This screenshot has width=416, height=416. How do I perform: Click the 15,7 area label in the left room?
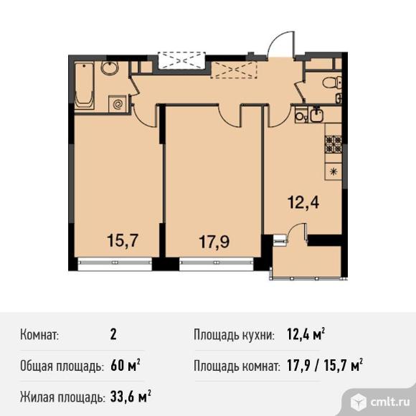click(123, 240)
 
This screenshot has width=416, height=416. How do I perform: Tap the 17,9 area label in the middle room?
click(214, 242)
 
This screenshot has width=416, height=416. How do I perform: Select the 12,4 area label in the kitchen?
click(303, 203)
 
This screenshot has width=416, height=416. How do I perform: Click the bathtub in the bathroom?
click(85, 86)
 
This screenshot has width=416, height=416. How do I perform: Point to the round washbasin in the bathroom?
click(110, 68)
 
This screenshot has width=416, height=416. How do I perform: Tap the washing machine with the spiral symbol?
click(117, 104)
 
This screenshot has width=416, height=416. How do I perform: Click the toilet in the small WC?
click(331, 82)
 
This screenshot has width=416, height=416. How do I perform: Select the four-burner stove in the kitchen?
click(334, 143)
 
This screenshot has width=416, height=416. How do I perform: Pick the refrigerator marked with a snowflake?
click(334, 171)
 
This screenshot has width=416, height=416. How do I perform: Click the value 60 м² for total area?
click(126, 366)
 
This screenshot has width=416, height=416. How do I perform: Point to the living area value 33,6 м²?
click(131, 397)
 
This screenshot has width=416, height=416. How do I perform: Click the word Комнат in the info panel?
click(39, 334)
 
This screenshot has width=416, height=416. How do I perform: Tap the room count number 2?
click(113, 334)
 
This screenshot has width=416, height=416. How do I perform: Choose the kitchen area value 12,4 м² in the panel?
click(306, 334)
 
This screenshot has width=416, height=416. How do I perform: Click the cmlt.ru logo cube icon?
click(358, 402)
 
